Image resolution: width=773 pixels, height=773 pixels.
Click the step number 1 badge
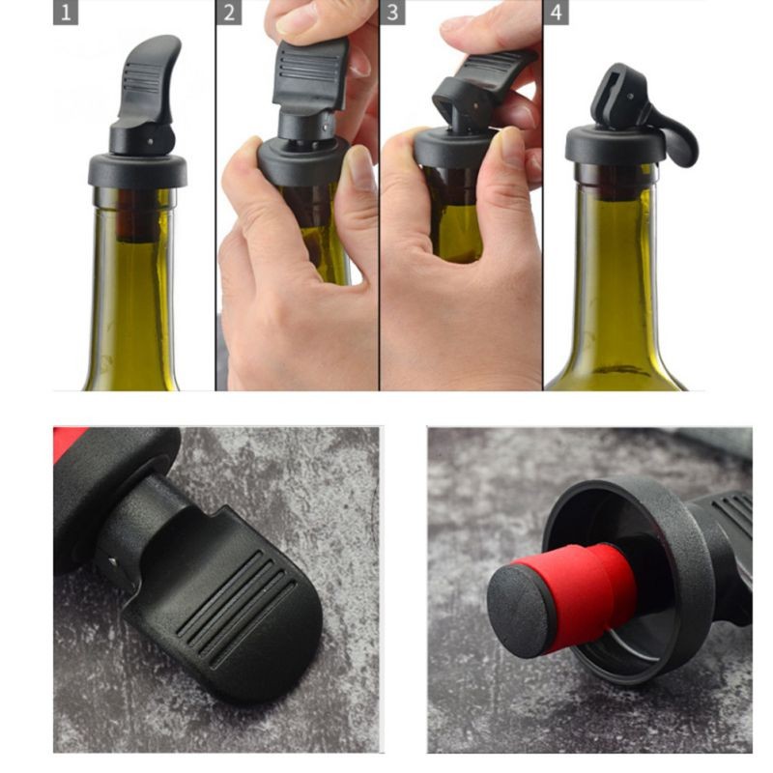pyautogui.click(x=66, y=14)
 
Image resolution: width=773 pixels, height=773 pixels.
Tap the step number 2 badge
pyautogui.click(x=229, y=14)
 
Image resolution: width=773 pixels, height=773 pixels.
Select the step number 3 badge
pyautogui.click(x=392, y=14)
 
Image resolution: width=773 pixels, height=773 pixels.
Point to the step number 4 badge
pyautogui.click(x=556, y=14)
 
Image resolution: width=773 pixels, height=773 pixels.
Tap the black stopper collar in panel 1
pyautogui.click(x=136, y=169)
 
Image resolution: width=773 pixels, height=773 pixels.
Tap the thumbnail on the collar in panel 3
pyautogui.click(x=511, y=145)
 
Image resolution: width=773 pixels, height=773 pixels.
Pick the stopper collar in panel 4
pyautogui.click(x=616, y=145)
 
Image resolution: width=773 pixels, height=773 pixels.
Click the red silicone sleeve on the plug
pyautogui.click(x=580, y=589)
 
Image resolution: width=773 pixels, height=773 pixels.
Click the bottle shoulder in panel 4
pyautogui.click(x=618, y=358)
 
